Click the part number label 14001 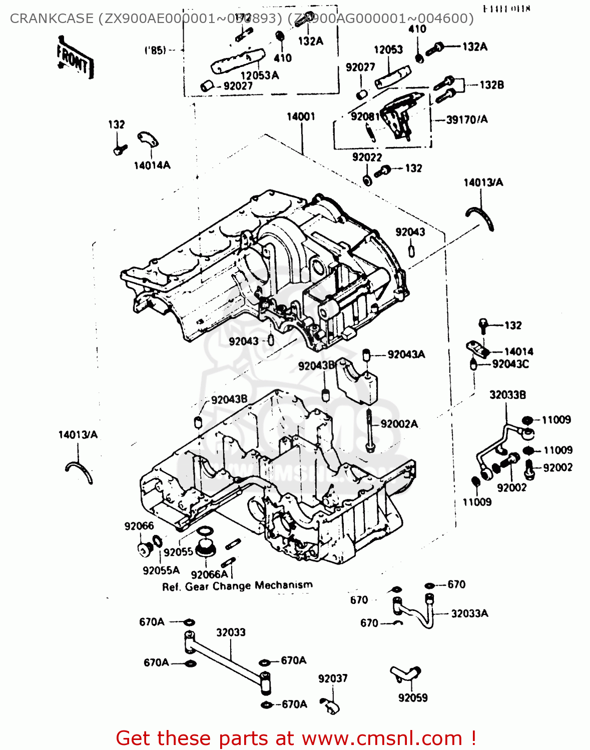(301, 116)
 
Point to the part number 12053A (259, 75)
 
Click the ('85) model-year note (155, 50)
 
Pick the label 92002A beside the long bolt (399, 424)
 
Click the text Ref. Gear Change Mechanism (237, 586)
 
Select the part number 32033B (507, 395)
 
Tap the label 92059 (413, 698)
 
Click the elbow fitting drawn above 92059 (406, 674)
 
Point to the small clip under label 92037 (330, 705)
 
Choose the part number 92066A (209, 574)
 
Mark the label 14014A (152, 165)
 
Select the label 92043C (510, 364)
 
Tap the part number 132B (491, 85)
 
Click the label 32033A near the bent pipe (469, 613)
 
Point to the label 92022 (367, 157)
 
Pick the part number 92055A (161, 570)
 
